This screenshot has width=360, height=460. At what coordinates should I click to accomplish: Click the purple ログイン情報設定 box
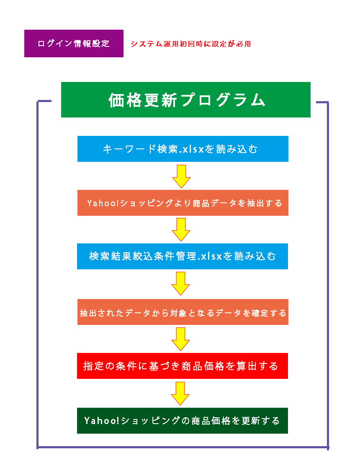74,43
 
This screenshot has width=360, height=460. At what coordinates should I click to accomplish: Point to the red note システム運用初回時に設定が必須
190,43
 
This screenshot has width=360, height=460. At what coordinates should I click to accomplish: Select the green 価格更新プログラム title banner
185,100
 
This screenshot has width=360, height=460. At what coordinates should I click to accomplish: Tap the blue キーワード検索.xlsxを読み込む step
183,149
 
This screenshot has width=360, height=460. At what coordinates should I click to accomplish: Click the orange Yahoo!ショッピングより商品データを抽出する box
183,203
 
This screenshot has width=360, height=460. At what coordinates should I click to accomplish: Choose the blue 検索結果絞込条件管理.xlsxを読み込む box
183,256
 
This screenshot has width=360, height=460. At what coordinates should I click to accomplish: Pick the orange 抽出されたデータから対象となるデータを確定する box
183,312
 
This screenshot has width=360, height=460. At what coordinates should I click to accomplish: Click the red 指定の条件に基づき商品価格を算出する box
182,366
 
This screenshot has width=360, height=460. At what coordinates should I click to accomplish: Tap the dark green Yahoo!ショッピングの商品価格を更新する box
182,420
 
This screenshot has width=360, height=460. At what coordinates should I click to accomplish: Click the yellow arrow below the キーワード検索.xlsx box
181,176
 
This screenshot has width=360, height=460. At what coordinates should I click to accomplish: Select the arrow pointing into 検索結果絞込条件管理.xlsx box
181,229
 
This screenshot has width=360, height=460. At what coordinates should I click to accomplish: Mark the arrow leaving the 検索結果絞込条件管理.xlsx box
181,283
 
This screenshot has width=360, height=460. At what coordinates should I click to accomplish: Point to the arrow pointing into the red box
181,339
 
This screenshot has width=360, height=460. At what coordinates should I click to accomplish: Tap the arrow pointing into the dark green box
181,393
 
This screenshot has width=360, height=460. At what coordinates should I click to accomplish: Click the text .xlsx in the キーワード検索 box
191,149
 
